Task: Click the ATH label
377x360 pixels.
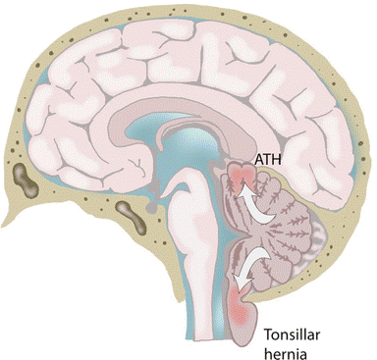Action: point(267,157)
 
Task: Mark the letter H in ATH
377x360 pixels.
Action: point(277,157)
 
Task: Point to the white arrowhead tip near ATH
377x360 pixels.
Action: point(236,190)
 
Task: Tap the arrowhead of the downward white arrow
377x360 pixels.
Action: point(246,280)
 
